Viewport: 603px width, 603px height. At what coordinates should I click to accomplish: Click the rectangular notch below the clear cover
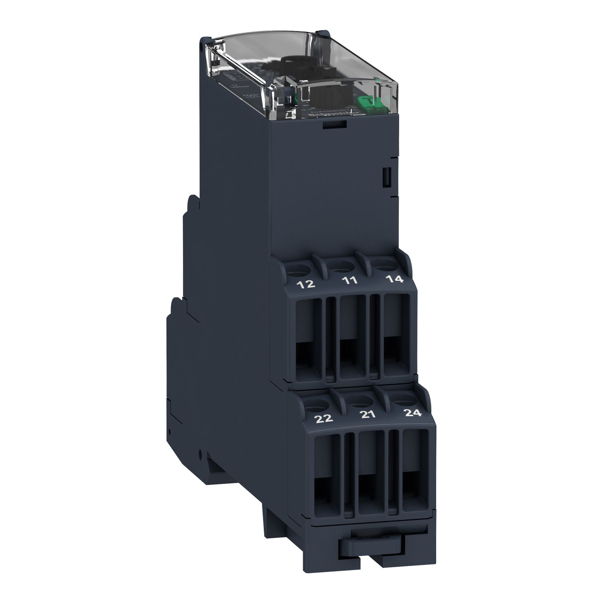[x=334, y=125]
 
